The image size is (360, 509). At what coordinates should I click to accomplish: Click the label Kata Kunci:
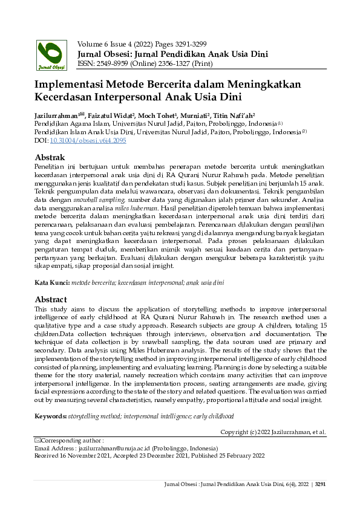[52, 282]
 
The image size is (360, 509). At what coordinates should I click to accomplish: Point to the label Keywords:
[50, 417]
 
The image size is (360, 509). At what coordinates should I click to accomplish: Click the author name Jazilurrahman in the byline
[59, 114]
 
